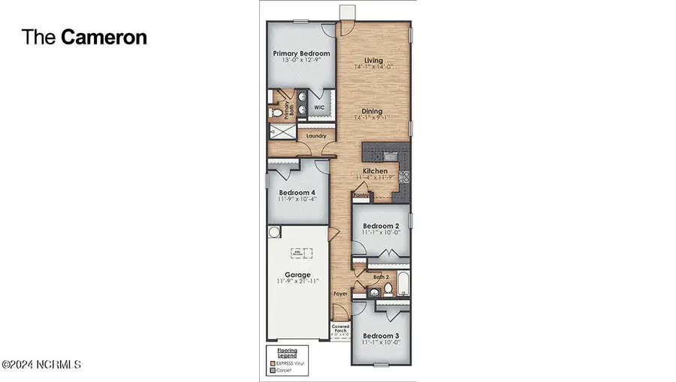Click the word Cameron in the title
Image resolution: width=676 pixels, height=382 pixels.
tap(104, 37)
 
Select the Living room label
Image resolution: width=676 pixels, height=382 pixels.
tap(373, 60)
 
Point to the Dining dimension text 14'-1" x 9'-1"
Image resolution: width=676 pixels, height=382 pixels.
tap(373, 118)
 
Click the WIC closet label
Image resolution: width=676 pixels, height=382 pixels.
tap(320, 107)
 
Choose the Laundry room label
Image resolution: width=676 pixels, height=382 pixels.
tap(315, 136)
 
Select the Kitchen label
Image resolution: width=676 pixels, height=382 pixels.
tap(375, 171)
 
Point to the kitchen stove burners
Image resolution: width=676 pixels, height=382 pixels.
tap(402, 177)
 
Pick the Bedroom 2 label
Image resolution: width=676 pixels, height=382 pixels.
tap(379, 226)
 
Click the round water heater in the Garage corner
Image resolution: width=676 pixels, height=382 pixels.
tap(273, 232)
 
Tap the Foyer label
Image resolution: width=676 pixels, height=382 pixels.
tap(340, 293)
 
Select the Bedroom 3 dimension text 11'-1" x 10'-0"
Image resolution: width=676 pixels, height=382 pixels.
tap(379, 342)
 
